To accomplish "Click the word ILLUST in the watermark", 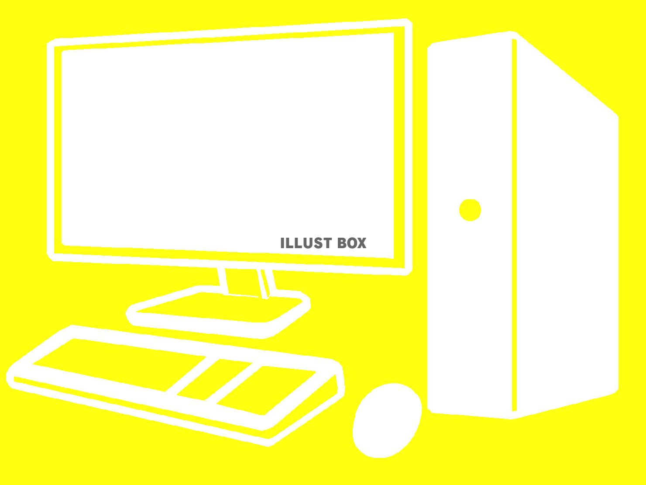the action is pyautogui.click(x=306, y=243).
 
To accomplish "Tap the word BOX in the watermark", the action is pyautogui.click(x=352, y=243).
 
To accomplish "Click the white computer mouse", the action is pyautogui.click(x=387, y=420).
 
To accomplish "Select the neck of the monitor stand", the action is pyautogui.click(x=247, y=283).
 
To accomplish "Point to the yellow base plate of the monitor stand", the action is pyautogui.click(x=219, y=308).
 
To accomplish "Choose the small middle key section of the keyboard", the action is pyautogui.click(x=214, y=380).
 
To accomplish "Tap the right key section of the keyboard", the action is pyautogui.click(x=266, y=390).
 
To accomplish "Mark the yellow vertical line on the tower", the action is pyautogui.click(x=514, y=225).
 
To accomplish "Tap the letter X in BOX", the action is pyautogui.click(x=362, y=243).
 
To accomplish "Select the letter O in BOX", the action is pyautogui.click(x=351, y=243).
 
